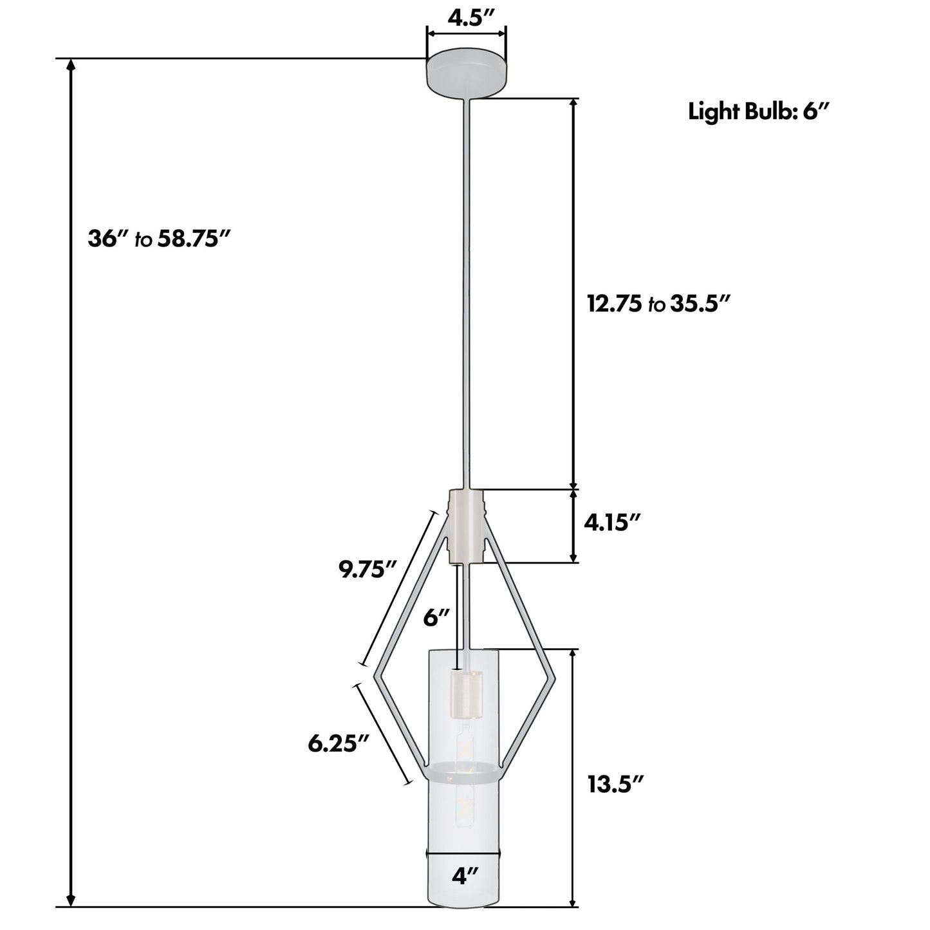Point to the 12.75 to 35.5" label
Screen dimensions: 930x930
[659, 304]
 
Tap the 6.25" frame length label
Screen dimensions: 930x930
[339, 744]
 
